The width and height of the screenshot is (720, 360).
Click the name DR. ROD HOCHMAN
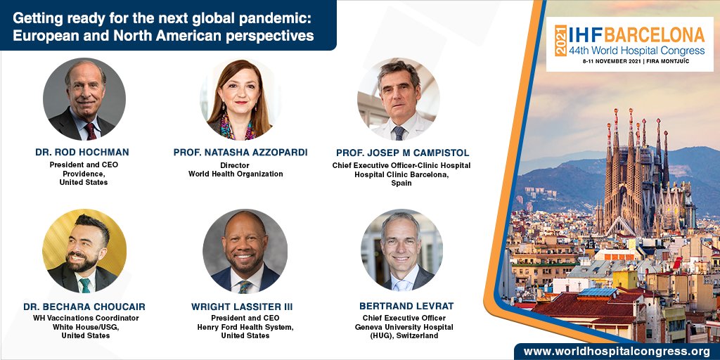click(x=82, y=152)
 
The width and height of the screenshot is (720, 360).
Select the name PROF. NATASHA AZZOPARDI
click(x=240, y=152)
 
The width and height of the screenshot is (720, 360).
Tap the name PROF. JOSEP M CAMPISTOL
click(x=403, y=153)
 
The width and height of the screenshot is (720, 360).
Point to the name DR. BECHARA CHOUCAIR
click(x=85, y=307)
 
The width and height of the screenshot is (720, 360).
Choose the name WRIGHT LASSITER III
click(x=242, y=307)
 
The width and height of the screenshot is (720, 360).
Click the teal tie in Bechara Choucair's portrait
click(x=84, y=285)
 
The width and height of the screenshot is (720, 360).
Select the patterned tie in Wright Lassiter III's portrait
click(x=244, y=287)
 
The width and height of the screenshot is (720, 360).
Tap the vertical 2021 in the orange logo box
click(x=560, y=40)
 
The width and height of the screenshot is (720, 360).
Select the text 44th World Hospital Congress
click(x=636, y=50)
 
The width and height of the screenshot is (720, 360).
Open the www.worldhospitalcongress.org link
click(x=619, y=352)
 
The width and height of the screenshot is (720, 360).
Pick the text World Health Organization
click(x=236, y=174)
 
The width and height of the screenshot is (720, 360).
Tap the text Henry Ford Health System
click(x=245, y=327)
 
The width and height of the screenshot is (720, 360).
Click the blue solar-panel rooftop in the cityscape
click(x=597, y=292)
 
